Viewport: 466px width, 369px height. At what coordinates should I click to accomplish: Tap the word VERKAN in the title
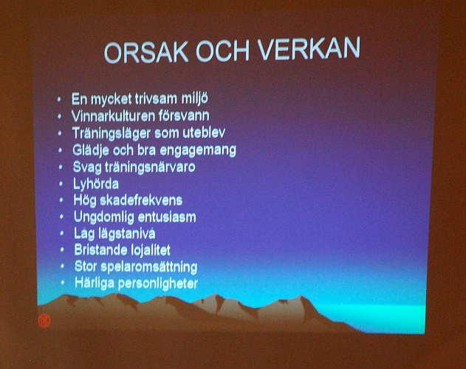(x=309, y=49)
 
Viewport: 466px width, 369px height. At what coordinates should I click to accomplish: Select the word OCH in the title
(x=219, y=51)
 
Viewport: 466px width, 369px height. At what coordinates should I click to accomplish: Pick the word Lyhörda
(x=96, y=184)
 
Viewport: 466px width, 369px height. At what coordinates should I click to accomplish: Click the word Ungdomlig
(x=104, y=218)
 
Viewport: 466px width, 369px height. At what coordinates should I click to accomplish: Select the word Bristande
(x=101, y=251)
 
